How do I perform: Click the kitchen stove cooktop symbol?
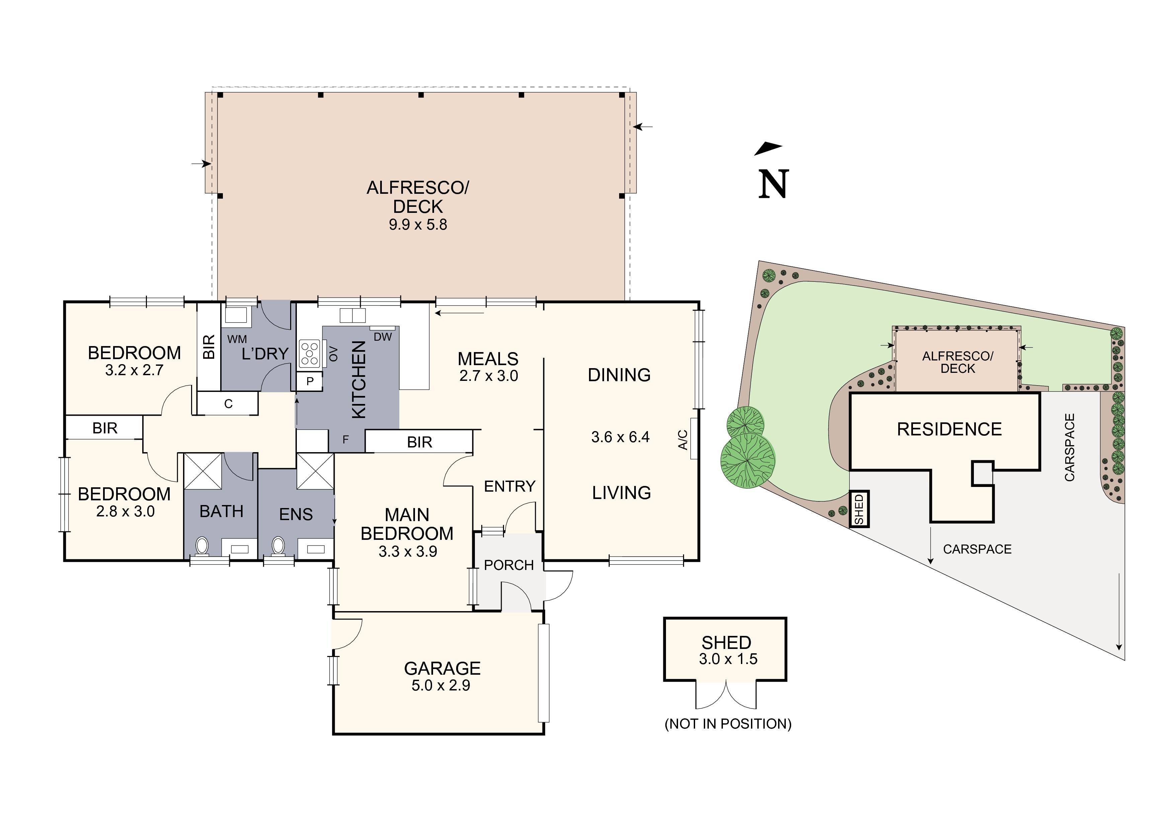click(309, 353)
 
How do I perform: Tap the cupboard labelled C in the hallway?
click(228, 404)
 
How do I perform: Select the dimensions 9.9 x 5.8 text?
click(418, 225)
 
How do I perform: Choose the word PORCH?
click(508, 565)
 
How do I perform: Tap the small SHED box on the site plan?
click(859, 508)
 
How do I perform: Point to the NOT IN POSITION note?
click(728, 724)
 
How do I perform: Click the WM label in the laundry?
click(237, 339)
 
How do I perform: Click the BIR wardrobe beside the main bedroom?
click(419, 442)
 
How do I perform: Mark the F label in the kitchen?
click(346, 439)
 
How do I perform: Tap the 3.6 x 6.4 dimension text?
click(620, 437)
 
